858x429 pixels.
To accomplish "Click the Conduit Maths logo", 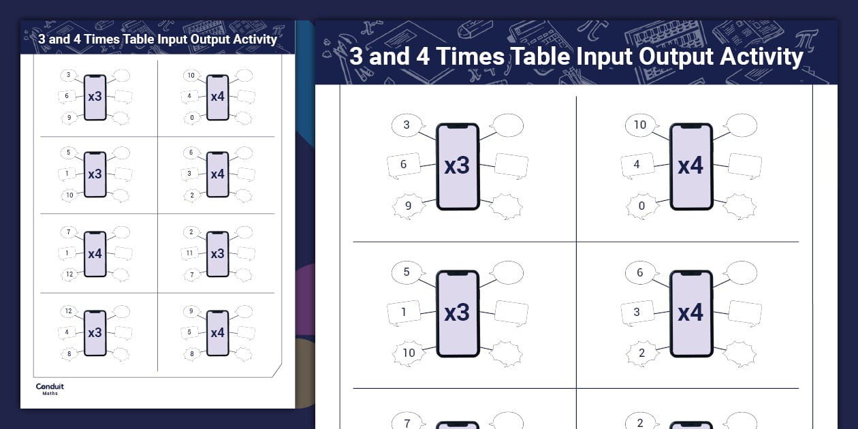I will coord(50,389).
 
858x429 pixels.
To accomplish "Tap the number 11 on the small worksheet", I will coord(189,253).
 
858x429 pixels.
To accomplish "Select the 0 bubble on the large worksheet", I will coord(640,206).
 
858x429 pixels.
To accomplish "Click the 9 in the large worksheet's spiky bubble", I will coord(407,205).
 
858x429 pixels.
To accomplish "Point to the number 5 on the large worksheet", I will coord(407,272).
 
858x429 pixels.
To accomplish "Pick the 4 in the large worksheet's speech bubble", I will coord(637,164).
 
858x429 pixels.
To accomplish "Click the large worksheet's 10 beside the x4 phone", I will coord(640,125).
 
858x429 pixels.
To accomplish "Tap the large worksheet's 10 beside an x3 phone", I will coord(409,353).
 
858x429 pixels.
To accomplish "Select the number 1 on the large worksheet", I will coord(404,313).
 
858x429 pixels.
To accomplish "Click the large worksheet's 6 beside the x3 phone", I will coord(404,164).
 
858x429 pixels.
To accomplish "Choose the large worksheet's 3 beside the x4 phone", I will coord(637,313).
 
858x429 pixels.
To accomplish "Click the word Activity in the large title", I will coord(759,56).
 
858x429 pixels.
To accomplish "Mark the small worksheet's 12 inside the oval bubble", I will coord(68,311).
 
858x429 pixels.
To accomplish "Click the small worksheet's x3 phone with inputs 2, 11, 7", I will coord(217,253).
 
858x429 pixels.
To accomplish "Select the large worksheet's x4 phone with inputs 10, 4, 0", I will coord(690,166).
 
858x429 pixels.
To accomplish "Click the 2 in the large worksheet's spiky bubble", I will coord(641,353).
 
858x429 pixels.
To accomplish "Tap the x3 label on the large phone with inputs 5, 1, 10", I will coord(457,313).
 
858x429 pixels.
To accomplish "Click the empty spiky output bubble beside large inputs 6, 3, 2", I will coord(739,353).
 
